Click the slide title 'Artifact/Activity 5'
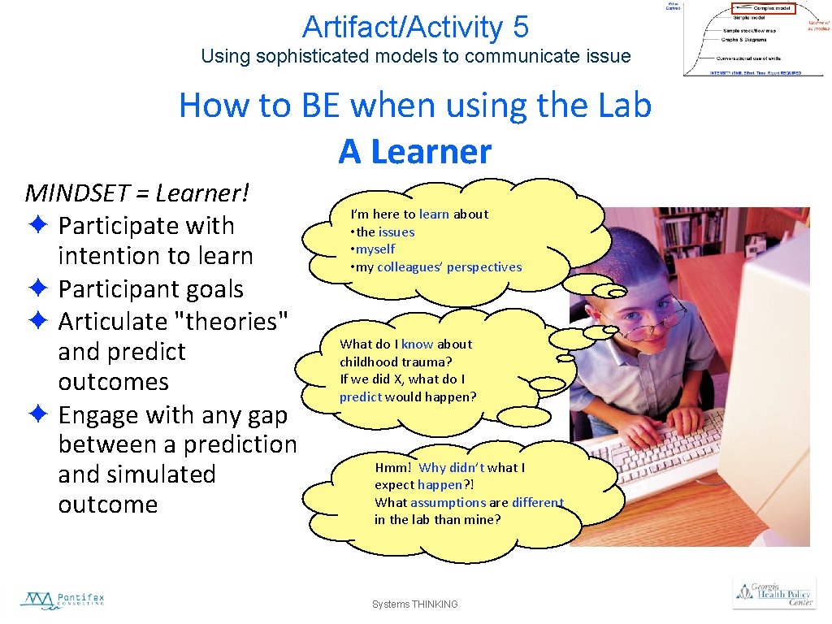[415, 27]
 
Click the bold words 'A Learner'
[415, 151]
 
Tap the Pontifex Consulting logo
[63, 600]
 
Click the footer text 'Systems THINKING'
[415, 604]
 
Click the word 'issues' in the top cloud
[396, 232]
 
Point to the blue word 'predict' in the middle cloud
[360, 396]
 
